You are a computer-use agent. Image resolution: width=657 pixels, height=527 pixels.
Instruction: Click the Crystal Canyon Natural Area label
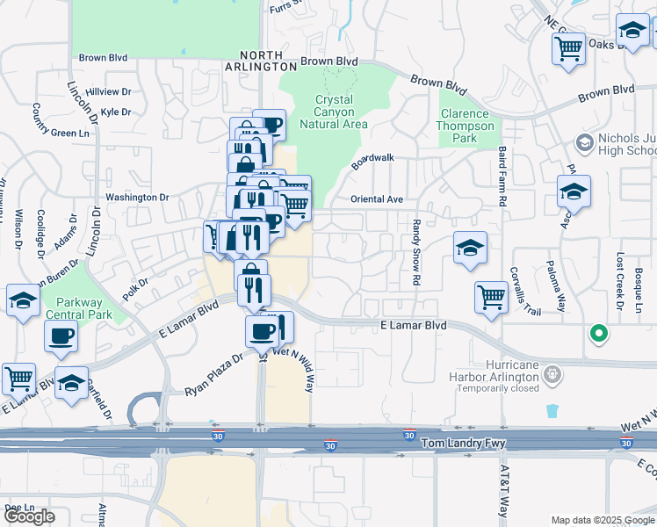333,112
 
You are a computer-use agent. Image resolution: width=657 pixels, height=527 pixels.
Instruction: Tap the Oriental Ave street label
376,199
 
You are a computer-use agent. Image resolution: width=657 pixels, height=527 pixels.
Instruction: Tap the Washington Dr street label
137,198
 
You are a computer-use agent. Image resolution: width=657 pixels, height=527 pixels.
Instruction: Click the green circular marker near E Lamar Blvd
598,333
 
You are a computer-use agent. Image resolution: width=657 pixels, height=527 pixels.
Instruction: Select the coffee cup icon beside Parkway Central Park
61,335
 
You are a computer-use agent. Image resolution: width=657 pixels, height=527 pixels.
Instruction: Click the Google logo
29,516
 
